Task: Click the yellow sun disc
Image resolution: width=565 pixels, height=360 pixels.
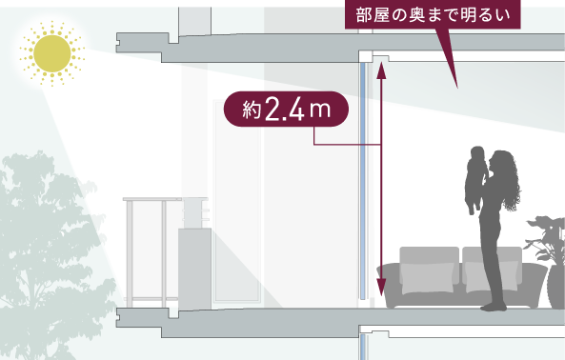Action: click(x=52, y=53)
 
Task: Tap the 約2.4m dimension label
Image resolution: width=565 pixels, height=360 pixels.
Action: click(x=286, y=109)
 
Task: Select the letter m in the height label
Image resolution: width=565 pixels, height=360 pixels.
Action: click(x=320, y=110)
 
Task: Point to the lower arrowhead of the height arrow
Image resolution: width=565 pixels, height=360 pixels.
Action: click(x=381, y=288)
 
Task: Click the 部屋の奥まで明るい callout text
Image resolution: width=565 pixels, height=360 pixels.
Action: click(x=433, y=15)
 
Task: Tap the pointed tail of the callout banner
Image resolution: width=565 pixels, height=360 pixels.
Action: click(x=457, y=87)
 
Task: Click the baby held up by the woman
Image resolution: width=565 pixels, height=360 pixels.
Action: click(x=476, y=180)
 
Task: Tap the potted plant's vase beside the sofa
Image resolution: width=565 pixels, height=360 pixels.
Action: click(x=556, y=288)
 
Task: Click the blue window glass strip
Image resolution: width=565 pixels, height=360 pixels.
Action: click(x=363, y=181)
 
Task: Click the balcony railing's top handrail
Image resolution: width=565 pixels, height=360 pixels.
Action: click(x=153, y=199)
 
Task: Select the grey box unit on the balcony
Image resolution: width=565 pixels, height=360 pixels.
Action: click(x=194, y=269)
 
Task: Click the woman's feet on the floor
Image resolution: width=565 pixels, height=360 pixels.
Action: click(x=494, y=307)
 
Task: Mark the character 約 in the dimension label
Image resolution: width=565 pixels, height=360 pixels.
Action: click(x=252, y=110)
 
